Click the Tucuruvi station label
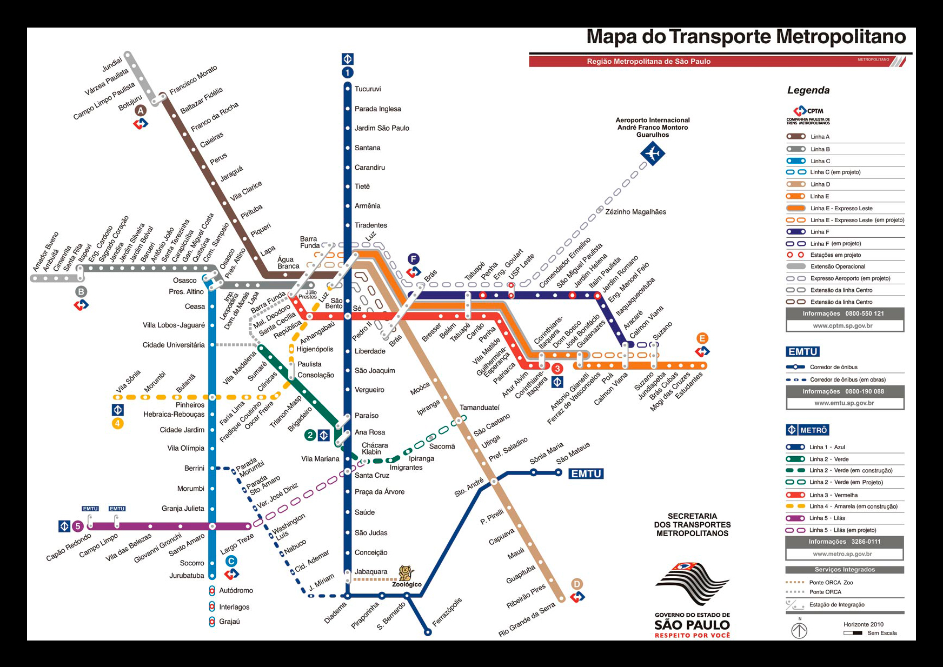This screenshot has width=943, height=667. click(368, 89)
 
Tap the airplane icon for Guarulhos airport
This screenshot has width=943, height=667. click(652, 154)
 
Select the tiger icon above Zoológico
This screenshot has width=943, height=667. click(406, 573)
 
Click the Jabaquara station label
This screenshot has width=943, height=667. click(371, 571)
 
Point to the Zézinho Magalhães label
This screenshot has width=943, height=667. click(635, 212)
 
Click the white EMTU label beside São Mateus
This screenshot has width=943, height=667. click(586, 473)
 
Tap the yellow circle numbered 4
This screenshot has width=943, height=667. click(117, 423)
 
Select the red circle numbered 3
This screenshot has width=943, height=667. click(557, 369)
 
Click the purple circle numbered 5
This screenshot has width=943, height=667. click(78, 526)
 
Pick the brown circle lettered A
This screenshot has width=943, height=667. click(141, 110)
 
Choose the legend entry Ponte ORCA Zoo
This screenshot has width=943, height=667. click(831, 582)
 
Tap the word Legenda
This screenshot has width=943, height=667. click(808, 90)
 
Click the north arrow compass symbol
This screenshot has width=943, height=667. click(799, 630)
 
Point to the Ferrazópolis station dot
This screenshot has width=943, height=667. click(427, 632)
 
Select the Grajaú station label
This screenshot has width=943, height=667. click(229, 622)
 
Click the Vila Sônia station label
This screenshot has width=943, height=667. click(128, 381)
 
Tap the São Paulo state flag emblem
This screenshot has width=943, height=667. click(692, 584)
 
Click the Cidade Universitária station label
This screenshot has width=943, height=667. click(174, 345)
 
